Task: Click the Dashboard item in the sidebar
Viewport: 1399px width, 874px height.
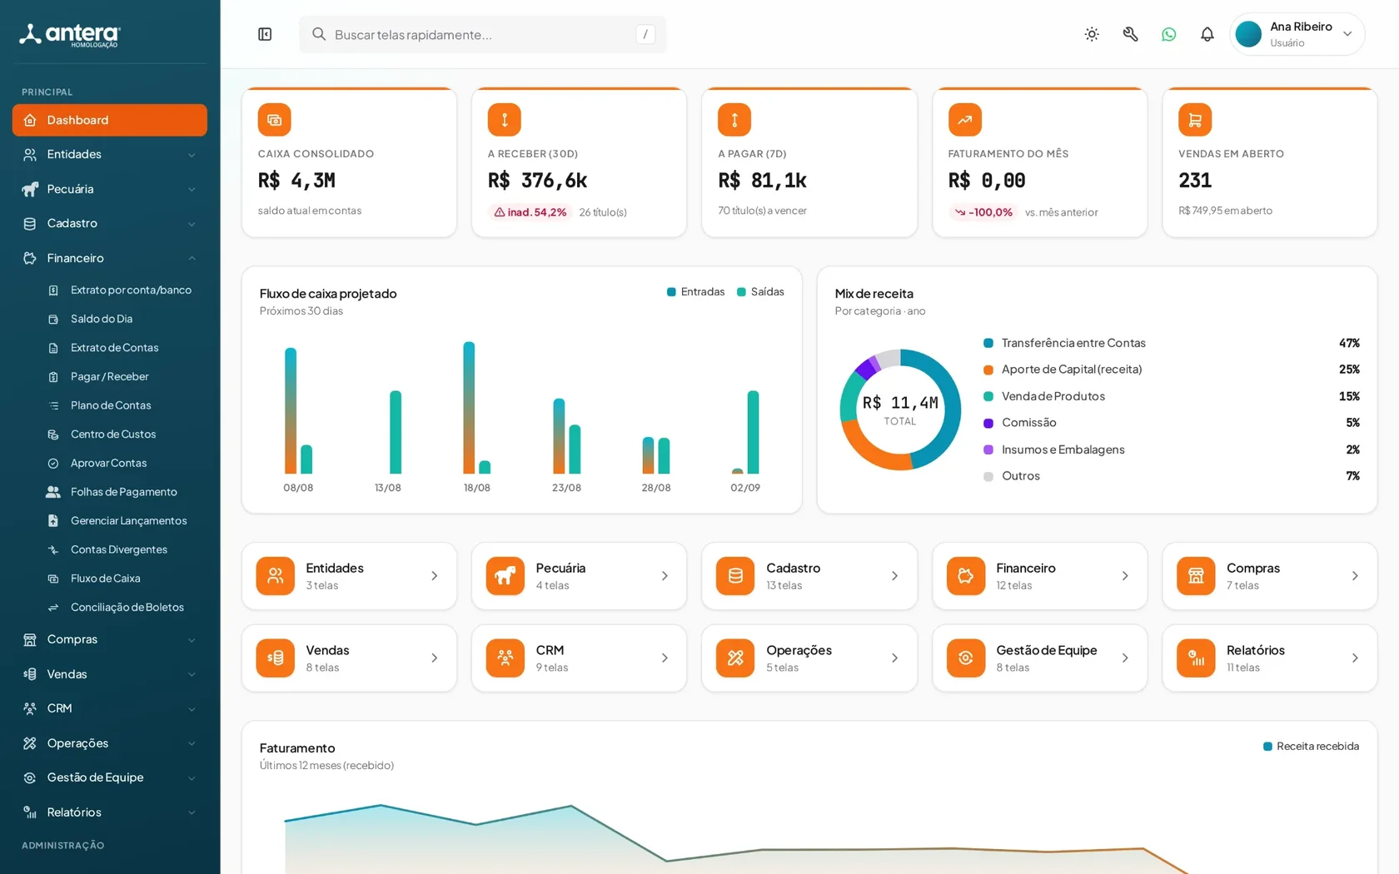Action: point(109,120)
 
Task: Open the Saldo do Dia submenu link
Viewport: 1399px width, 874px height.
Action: point(102,318)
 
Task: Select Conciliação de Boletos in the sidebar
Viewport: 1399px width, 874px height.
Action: point(127,607)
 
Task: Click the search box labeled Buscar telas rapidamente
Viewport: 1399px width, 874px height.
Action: point(482,34)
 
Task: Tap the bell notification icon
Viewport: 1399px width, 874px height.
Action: point(1207,34)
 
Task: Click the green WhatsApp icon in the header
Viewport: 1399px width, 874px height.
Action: point(1168,34)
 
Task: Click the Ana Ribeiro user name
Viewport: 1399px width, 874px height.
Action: point(1301,27)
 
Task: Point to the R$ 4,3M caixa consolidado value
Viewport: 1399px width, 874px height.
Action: point(296,181)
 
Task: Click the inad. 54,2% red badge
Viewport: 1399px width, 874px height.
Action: point(530,212)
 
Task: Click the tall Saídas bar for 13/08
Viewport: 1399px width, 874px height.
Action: point(396,432)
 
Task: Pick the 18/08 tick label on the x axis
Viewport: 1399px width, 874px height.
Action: point(476,488)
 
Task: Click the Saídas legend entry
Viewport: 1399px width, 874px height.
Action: point(760,291)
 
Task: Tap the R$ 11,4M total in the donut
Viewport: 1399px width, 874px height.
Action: point(900,403)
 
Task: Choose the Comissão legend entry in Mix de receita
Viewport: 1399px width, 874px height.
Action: point(1020,423)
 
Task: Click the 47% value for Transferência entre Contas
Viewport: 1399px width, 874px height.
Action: point(1349,343)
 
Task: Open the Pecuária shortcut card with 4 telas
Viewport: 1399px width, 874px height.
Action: point(579,576)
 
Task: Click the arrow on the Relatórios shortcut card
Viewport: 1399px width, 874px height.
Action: point(1355,658)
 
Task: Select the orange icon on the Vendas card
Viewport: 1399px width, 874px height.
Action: point(275,658)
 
